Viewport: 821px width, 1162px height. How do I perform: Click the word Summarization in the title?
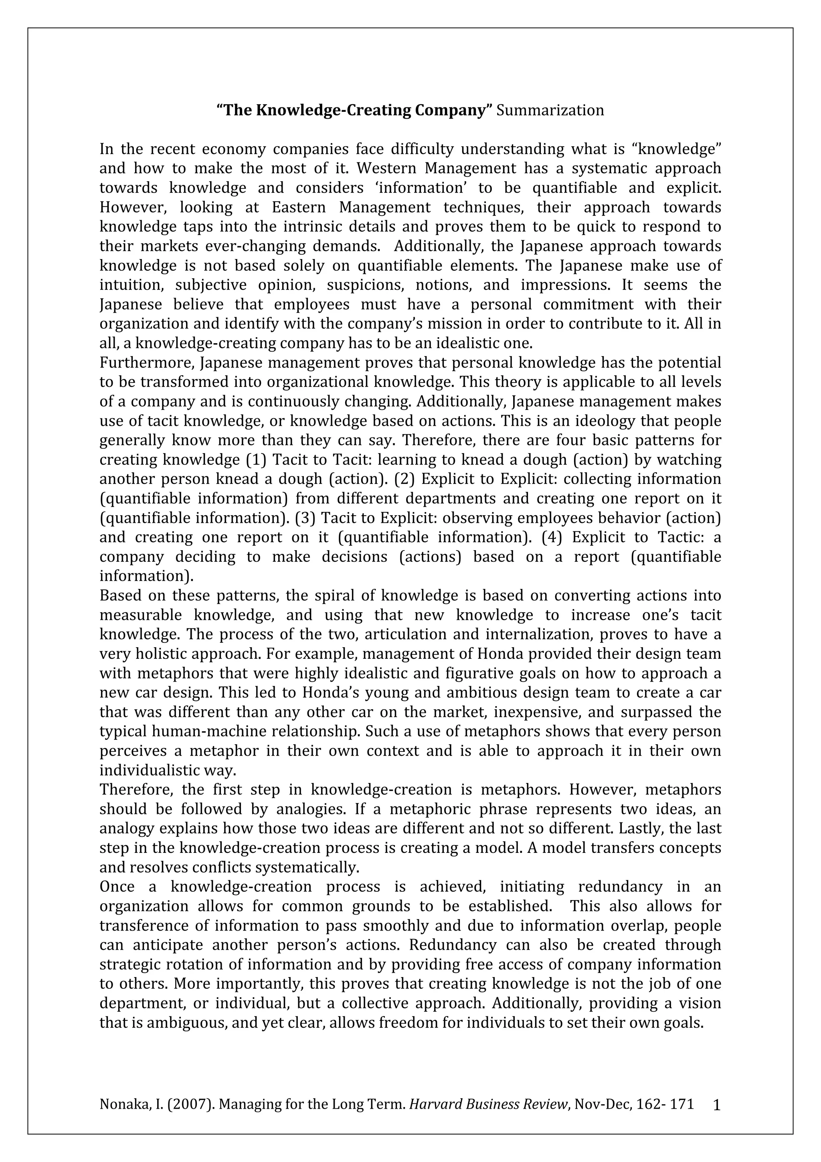(x=550, y=110)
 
